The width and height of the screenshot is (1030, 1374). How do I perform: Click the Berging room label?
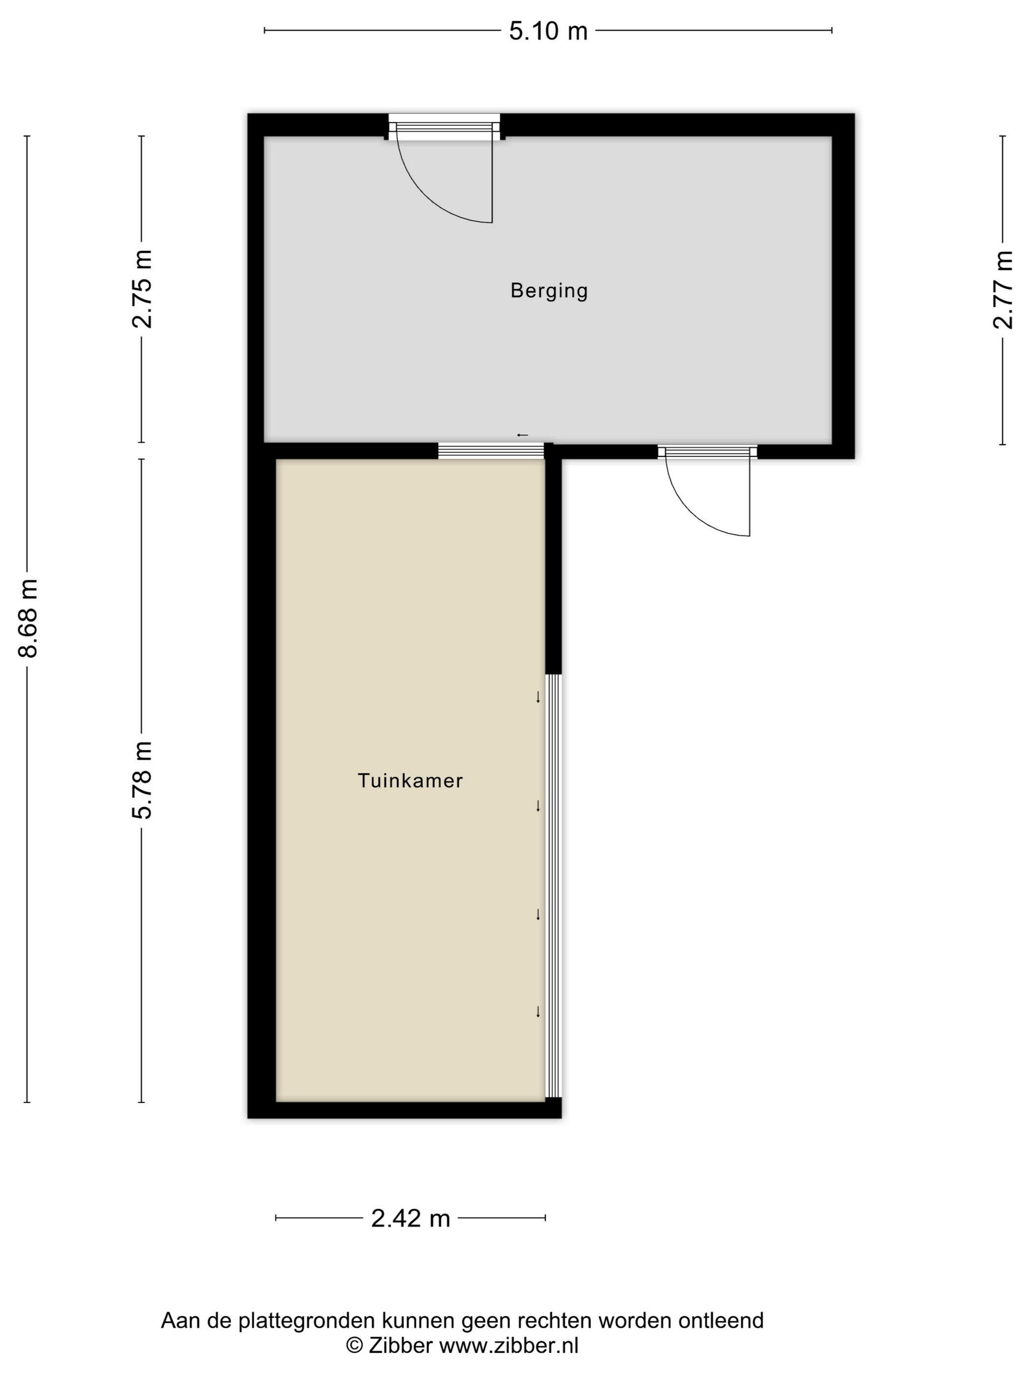[549, 291]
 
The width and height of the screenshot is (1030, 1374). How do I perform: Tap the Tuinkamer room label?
[410, 781]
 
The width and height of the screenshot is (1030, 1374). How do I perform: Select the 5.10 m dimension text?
[548, 31]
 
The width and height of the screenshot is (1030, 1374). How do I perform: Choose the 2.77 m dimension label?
[1003, 290]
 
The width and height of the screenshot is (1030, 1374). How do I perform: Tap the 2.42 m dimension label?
[411, 1219]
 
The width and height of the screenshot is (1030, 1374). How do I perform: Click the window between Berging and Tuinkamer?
[491, 451]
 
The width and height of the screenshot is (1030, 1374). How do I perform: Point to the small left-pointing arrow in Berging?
[523, 435]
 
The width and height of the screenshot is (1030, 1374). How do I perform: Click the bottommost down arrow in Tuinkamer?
[538, 1012]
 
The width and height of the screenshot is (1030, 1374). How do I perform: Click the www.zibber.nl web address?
[509, 1346]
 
